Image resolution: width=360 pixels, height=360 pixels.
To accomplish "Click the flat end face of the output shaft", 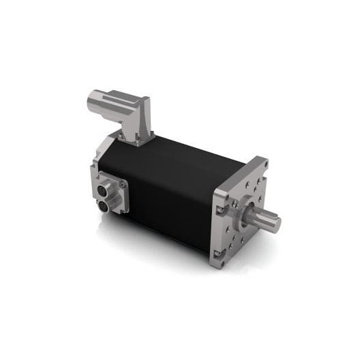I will (274, 223).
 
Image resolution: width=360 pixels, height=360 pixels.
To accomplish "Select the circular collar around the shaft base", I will (247, 213).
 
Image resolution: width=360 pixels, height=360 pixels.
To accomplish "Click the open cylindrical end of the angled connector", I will (93, 104).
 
